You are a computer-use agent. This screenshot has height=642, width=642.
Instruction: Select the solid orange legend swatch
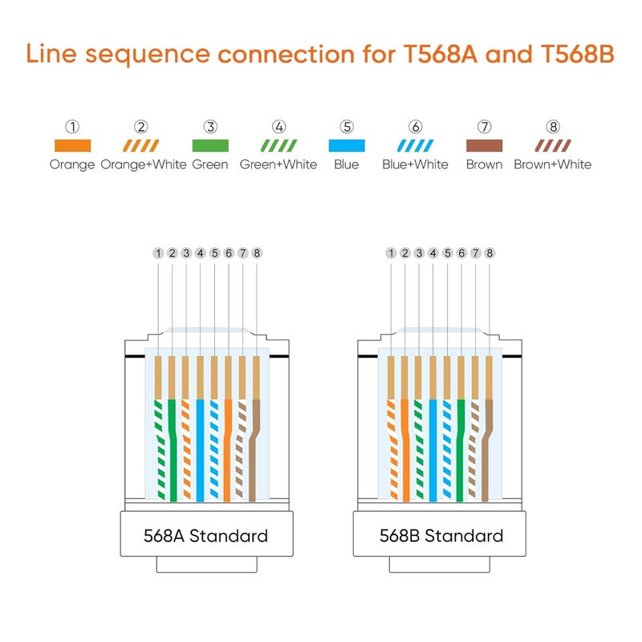[x=72, y=146]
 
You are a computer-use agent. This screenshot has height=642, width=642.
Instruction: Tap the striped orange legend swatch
[x=141, y=146]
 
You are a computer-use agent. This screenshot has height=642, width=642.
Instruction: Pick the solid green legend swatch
[x=210, y=146]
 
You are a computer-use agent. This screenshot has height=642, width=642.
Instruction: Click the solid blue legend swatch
[x=347, y=146]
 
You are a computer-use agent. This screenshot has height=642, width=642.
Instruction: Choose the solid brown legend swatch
[x=484, y=146]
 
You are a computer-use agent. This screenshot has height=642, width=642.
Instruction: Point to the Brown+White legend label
[x=552, y=165]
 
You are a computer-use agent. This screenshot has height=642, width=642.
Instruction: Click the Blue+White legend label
[x=415, y=165]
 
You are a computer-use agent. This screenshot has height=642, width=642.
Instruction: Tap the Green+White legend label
[x=278, y=165]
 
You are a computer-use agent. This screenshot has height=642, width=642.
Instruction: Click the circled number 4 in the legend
[x=278, y=127]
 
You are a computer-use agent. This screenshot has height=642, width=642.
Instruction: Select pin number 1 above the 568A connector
[x=158, y=253]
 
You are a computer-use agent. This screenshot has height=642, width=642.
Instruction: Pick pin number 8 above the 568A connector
[x=257, y=253]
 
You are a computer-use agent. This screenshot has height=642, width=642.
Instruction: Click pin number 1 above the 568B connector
[x=391, y=253]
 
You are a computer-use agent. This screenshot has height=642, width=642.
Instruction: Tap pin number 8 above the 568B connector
[x=490, y=253]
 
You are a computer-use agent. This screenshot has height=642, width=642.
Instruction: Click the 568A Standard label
[x=205, y=535]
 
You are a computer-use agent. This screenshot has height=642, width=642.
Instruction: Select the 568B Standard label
[x=441, y=535]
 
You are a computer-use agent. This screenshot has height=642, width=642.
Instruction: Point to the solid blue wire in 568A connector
[x=201, y=449]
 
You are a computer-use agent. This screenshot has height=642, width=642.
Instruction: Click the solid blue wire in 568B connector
[x=433, y=449]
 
